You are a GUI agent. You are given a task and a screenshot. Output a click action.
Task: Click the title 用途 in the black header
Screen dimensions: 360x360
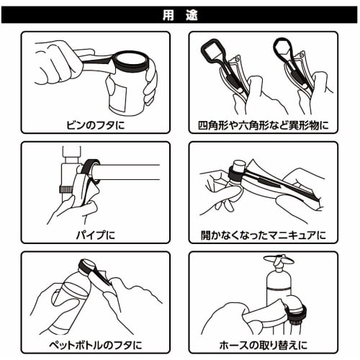point(179,12)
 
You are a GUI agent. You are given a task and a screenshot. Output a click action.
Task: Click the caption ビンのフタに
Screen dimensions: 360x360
point(94,125)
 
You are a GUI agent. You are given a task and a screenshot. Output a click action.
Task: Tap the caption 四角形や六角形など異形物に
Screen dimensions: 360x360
point(264,125)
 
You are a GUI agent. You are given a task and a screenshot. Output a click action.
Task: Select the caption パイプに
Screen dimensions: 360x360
point(95,235)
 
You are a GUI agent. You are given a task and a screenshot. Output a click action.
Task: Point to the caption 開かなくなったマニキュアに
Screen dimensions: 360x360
point(264,235)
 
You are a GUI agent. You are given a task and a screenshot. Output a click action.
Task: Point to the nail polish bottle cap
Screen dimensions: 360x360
point(235,173)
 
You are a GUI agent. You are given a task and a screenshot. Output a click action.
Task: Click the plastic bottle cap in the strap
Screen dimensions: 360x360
point(93,268)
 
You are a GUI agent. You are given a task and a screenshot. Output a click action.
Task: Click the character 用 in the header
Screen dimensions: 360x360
point(167,12)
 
